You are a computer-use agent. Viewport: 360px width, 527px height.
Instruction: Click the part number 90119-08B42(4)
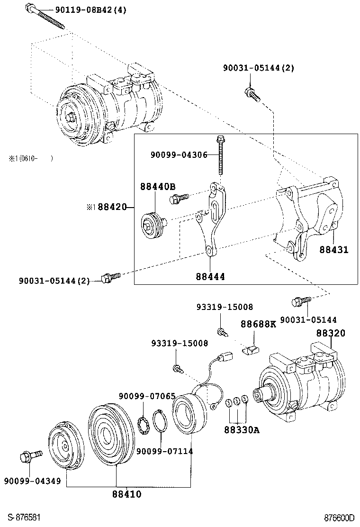point(84,9)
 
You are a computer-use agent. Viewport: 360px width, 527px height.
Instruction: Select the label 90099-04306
point(179,154)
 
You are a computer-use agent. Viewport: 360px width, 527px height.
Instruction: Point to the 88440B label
point(157,187)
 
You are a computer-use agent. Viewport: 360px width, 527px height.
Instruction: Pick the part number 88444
point(210,276)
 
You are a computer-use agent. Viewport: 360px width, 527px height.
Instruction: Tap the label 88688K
point(258,324)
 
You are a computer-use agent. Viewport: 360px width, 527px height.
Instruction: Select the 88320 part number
point(331,333)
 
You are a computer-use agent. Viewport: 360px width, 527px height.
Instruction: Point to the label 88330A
point(242,430)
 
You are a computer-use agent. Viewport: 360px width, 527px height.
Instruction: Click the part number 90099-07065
point(147,396)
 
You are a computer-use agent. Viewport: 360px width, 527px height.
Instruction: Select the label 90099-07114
point(164,451)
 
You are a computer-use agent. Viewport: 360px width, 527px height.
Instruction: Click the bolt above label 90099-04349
point(29,457)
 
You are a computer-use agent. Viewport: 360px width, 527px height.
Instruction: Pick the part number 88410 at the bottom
point(126,494)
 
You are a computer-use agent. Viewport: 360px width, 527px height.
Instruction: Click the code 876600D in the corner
point(339,518)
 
